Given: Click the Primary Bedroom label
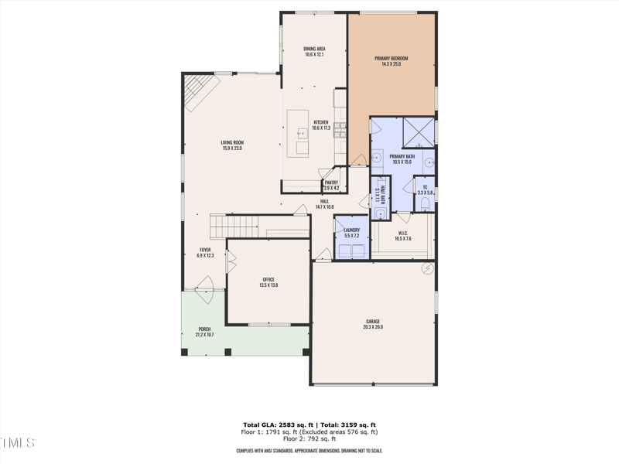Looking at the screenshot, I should click(391, 61).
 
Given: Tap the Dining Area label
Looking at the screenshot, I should click(314, 52).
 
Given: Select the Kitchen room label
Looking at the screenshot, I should click(320, 125).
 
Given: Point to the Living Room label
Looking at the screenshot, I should click(232, 145).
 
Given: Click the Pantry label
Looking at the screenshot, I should click(331, 186).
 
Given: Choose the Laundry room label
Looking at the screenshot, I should click(352, 232).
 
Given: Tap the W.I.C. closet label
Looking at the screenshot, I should click(403, 236).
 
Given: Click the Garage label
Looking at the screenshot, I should click(373, 324).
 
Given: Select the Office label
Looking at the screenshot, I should click(268, 282).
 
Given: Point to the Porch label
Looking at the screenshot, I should click(204, 332).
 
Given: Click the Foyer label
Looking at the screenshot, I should click(205, 252).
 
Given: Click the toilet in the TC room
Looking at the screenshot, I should click(425, 204).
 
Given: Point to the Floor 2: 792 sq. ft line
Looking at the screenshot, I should click(309, 439).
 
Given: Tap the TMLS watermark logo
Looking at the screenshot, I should click(17, 443).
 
